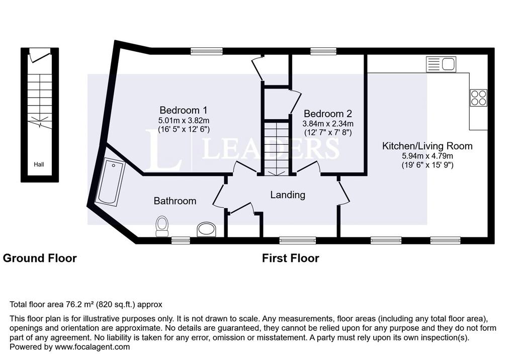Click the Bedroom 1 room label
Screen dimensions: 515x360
[183, 110]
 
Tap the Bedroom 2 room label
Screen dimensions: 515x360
[327, 114]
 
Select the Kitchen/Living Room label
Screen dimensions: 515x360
[427, 146]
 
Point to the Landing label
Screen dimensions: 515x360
[288, 195]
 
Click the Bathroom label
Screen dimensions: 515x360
[175, 201]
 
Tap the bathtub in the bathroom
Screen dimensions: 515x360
[110, 182]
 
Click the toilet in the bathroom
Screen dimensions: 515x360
[162, 226]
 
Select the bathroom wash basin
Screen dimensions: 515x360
[207, 230]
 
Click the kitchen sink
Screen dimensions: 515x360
[441, 64]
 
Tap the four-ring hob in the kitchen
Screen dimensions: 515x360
[478, 98]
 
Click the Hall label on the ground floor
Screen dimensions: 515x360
[39, 164]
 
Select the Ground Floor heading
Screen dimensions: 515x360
[40, 258]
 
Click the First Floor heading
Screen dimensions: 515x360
[290, 258]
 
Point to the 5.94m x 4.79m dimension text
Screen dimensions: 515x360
[427, 156]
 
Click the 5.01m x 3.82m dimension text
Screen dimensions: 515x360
[184, 120]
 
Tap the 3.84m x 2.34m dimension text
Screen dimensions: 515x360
[328, 124]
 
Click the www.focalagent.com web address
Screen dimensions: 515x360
[93, 347]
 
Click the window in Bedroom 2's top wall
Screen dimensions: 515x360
[323, 51]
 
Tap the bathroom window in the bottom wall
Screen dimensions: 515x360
[181, 241]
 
